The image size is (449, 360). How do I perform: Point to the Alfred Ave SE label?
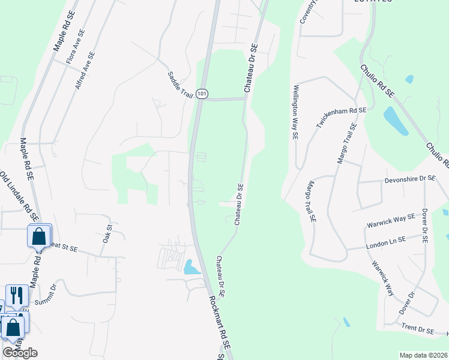85,71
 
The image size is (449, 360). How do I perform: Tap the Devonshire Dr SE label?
410,179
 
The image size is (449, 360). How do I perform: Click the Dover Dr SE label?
424,225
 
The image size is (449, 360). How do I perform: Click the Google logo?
20,353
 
